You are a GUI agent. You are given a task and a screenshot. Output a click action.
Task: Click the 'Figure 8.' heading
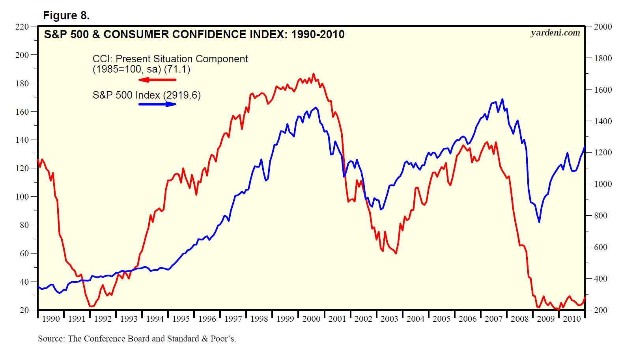(66, 15)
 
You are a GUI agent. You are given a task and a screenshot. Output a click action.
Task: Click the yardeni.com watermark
(555, 33)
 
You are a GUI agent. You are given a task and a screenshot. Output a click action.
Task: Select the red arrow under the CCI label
(157, 80)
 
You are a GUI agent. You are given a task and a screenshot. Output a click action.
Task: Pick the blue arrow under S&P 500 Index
(157, 104)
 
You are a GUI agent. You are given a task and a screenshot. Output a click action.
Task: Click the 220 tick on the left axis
(22, 27)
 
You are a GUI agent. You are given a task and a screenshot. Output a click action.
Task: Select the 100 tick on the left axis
(22, 196)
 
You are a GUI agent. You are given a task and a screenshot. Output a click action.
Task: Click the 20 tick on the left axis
(24, 310)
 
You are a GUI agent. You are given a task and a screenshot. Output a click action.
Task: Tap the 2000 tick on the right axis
(603, 27)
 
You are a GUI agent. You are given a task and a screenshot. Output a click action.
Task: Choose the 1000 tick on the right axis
(603, 184)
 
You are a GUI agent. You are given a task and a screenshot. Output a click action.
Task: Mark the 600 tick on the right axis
(601, 247)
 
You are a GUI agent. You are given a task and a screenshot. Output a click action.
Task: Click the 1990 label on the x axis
(51, 319)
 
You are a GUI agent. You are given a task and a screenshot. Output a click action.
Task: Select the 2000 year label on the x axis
(311, 319)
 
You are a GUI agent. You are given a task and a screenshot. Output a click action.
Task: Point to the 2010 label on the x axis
(571, 319)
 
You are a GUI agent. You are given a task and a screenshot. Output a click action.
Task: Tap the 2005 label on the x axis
(441, 319)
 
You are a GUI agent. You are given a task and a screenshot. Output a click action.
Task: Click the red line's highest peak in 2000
(314, 74)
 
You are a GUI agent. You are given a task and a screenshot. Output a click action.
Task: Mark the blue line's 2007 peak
(502, 99)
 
